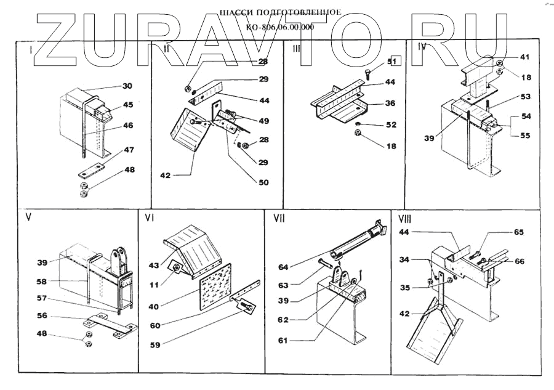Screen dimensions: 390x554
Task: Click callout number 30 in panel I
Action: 126,86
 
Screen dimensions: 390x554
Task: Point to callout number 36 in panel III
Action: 390,104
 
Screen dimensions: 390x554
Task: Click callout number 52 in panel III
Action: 391,125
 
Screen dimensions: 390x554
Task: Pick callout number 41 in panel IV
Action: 524,57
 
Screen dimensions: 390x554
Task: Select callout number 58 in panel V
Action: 41,282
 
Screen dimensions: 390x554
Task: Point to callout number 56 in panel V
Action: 41,315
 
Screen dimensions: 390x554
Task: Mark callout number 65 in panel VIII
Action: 519,232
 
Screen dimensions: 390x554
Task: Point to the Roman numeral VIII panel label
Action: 405,217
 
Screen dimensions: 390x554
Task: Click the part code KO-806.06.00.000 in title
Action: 279,26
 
